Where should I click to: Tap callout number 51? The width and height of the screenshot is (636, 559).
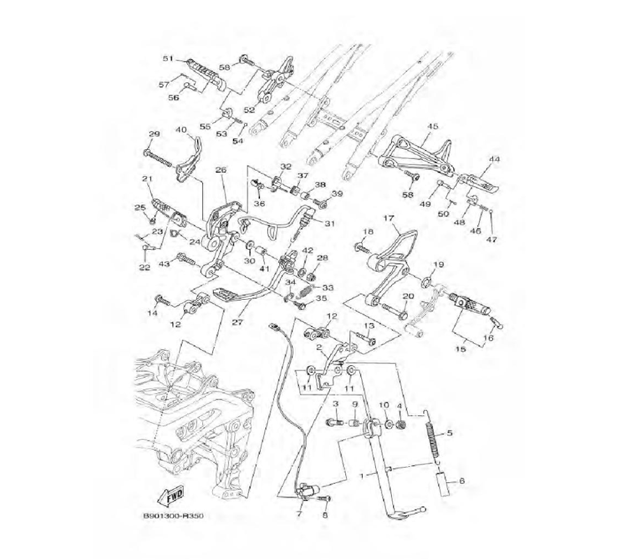[x=168, y=59]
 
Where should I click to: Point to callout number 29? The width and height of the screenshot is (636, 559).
[x=154, y=134]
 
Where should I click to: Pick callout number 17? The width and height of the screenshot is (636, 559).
[x=389, y=218]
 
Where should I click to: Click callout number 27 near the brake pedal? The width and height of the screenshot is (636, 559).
[x=237, y=321]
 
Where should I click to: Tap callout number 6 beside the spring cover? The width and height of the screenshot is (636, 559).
[x=462, y=482]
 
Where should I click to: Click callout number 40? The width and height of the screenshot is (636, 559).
[x=181, y=130]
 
